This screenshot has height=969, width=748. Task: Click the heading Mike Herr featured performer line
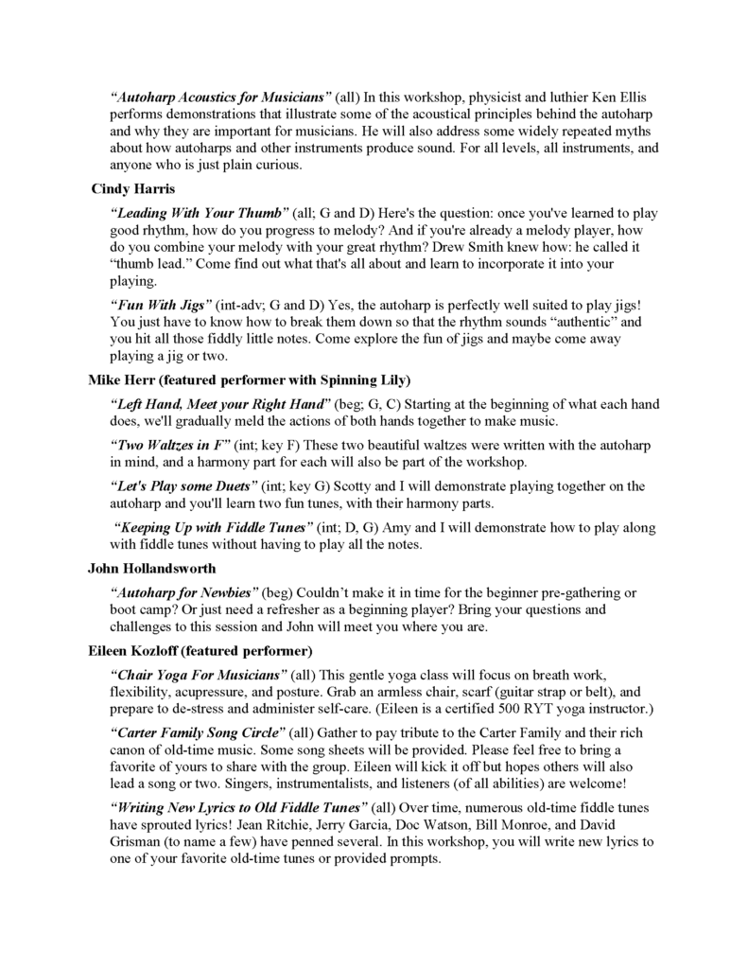click(x=248, y=380)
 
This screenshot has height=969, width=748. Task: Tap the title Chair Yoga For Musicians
click(x=199, y=676)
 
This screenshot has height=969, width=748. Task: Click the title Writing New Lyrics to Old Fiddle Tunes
click(x=238, y=807)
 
